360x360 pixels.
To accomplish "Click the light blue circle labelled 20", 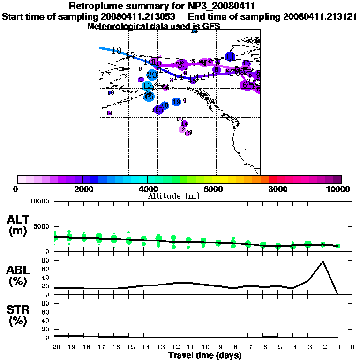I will (x=152, y=75).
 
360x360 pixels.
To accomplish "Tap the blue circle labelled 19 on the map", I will (x=176, y=102).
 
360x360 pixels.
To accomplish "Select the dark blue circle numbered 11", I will (x=230, y=57).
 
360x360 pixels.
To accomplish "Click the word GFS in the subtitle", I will (x=211, y=26).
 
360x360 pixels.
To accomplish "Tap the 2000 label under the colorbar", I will (x=82, y=189).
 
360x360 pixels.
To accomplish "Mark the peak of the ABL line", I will (x=322, y=262).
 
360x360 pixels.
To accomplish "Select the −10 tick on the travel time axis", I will (x=203, y=347).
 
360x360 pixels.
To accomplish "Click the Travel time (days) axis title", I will (x=205, y=356).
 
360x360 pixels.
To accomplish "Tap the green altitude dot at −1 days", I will (x=337, y=246).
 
